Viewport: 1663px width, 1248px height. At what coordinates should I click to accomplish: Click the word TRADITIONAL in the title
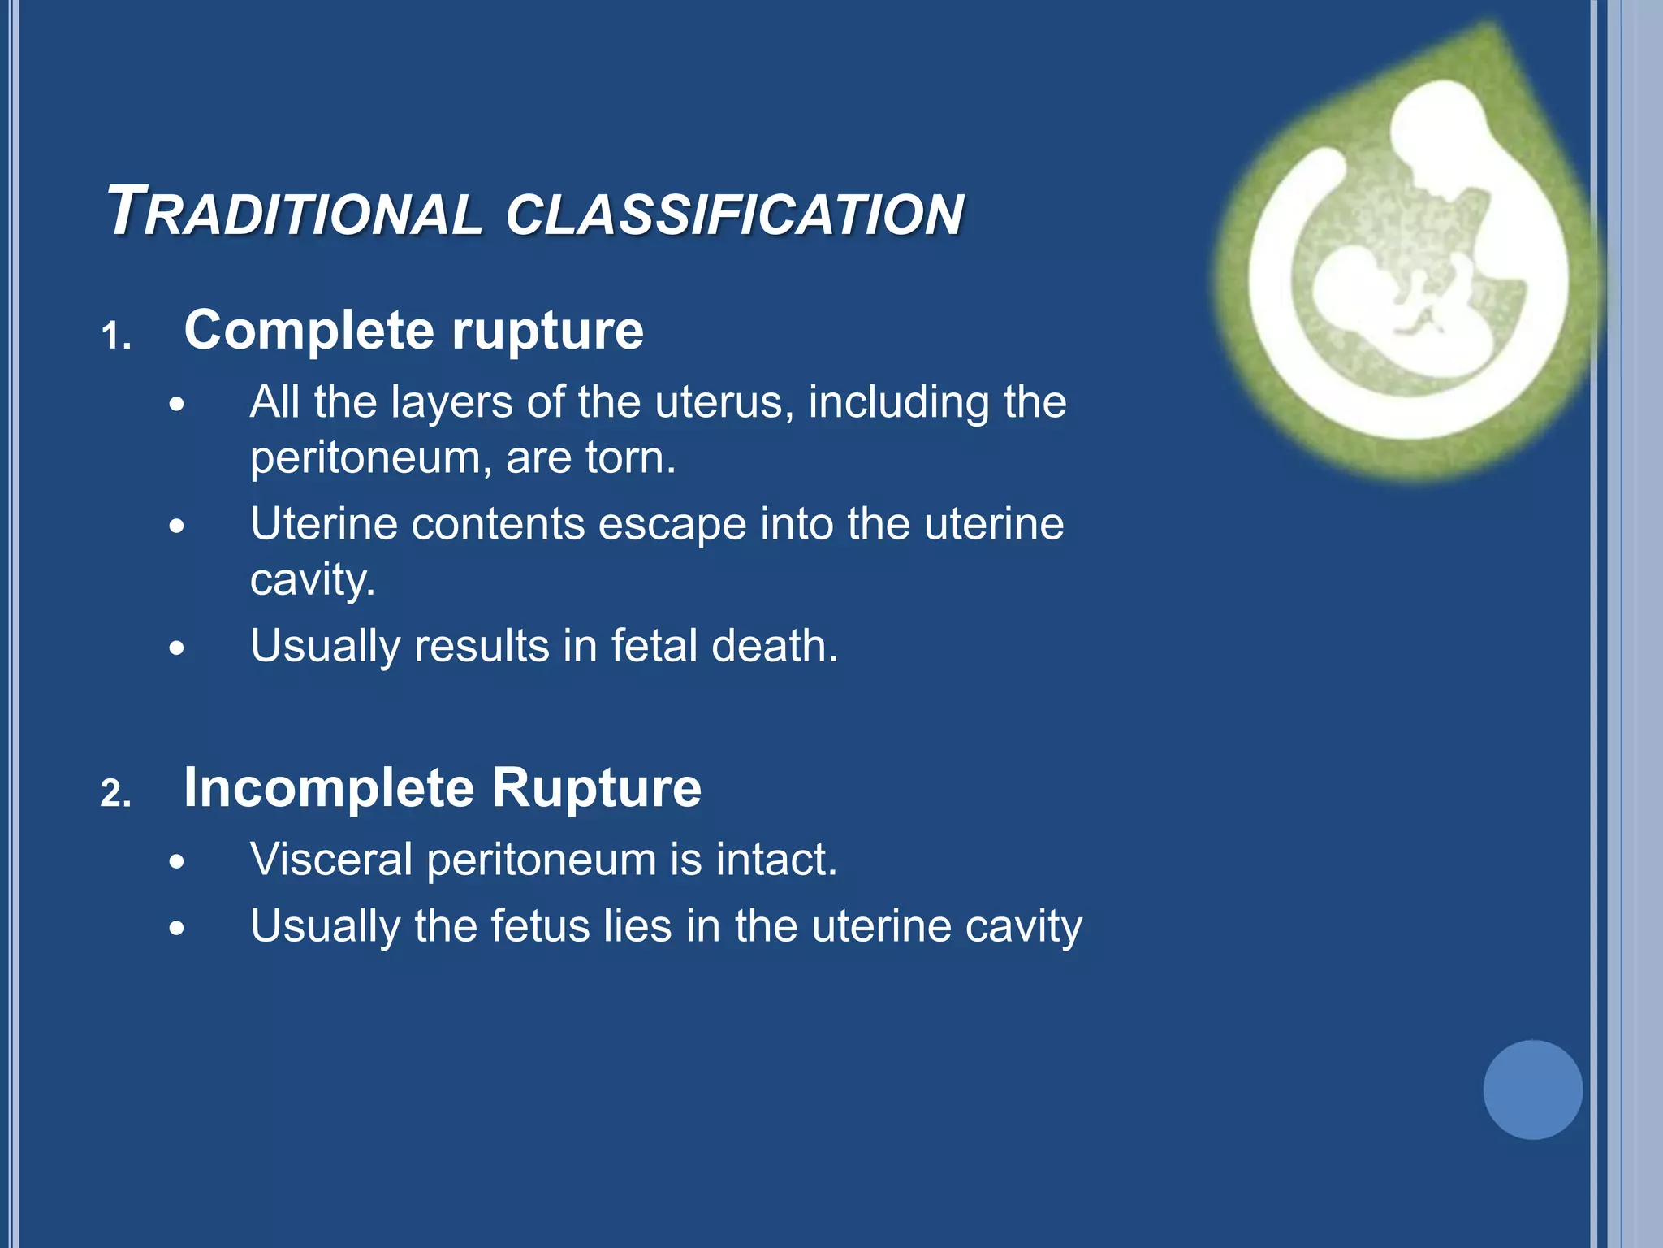point(294,213)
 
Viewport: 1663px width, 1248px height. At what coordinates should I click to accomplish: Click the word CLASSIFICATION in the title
point(734,214)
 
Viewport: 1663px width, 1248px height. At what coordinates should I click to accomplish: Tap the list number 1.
point(115,336)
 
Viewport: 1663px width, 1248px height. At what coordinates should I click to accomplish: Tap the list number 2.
point(115,793)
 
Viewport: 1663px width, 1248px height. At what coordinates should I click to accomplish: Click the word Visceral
point(331,860)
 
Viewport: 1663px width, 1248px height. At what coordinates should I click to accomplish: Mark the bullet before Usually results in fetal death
point(177,648)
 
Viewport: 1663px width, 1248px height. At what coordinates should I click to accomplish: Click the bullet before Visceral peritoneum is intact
point(177,862)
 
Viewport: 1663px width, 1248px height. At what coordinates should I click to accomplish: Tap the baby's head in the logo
point(1348,284)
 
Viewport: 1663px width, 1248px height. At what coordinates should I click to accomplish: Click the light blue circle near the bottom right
point(1532,1090)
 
